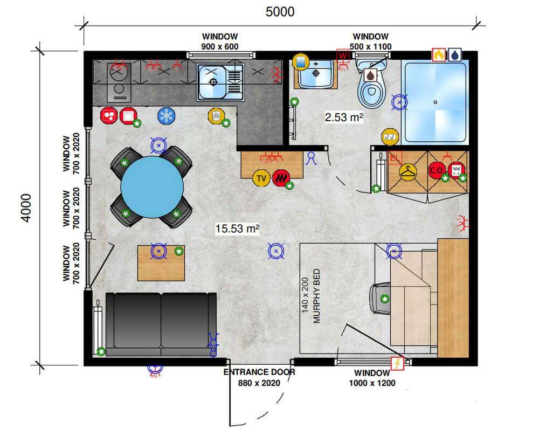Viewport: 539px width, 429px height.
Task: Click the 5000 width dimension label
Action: click(280, 12)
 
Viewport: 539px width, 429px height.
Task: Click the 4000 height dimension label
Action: click(26, 207)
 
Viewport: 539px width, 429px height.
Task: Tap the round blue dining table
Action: click(151, 188)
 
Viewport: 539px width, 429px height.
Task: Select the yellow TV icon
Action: click(261, 178)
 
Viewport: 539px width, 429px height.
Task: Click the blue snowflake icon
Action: click(167, 116)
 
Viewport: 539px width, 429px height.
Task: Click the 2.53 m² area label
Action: click(344, 117)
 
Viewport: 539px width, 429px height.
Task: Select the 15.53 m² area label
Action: click(237, 229)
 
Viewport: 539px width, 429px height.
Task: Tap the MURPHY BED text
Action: click(316, 296)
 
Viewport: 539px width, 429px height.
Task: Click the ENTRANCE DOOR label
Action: click(259, 372)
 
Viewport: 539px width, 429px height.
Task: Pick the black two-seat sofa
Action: click(161, 324)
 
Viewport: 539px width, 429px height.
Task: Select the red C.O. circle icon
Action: click(437, 170)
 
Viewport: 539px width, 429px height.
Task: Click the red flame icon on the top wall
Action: click(439, 55)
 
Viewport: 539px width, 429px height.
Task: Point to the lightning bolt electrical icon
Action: click(397, 363)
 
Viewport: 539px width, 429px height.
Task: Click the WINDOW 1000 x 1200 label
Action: click(372, 378)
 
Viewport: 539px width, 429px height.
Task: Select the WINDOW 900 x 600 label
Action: click(220, 41)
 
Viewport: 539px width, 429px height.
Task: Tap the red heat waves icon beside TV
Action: click(281, 178)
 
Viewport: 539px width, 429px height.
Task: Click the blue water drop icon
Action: click(455, 55)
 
